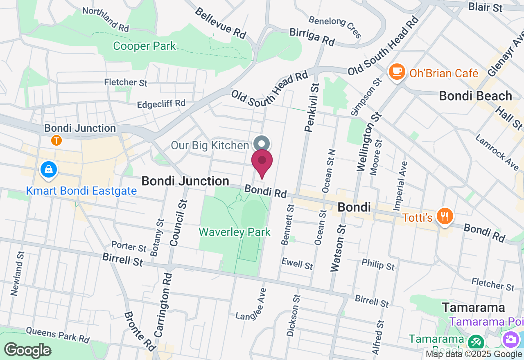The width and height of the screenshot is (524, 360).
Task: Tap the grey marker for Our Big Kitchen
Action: click(262, 144)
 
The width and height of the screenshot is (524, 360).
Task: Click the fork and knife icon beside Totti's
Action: click(443, 216)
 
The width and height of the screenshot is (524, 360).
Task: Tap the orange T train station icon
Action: click(56, 141)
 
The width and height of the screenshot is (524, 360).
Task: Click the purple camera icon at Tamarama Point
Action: click(510, 339)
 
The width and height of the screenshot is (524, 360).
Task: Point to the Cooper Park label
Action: click(145, 46)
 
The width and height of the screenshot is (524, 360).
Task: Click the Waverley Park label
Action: click(235, 232)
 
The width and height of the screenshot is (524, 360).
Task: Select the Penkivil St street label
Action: click(312, 107)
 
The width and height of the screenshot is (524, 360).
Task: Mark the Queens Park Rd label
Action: click(58, 335)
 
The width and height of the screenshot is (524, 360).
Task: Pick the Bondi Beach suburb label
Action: click(475, 96)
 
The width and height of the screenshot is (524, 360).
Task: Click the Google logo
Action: click(28, 350)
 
